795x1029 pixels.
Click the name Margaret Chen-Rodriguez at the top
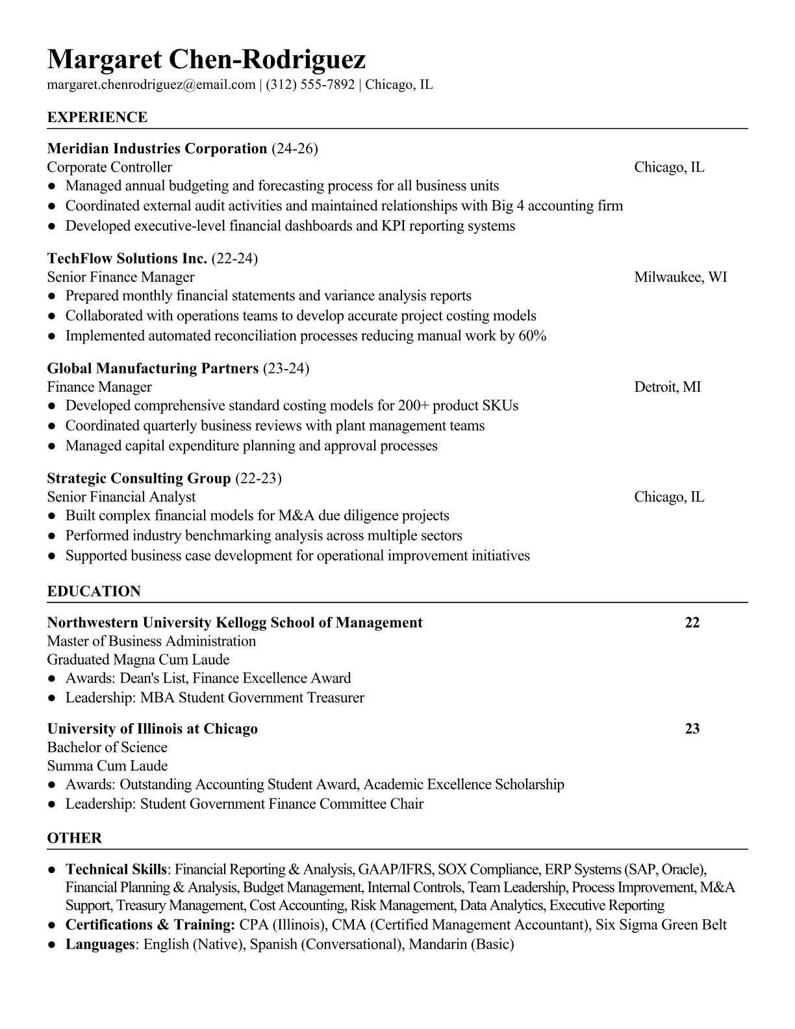click(x=206, y=60)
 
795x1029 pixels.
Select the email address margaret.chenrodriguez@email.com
click(x=151, y=84)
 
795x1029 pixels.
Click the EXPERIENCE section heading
click(x=97, y=118)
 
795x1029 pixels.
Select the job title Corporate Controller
click(x=109, y=168)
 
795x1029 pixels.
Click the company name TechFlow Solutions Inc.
click(x=127, y=259)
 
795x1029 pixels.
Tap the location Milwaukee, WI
click(x=680, y=277)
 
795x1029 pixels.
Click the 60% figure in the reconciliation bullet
click(x=532, y=336)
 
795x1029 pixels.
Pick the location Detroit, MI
click(x=667, y=387)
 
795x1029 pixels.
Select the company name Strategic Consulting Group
click(x=138, y=479)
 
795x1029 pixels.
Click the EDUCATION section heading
click(x=94, y=592)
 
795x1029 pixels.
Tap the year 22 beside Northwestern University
click(x=692, y=623)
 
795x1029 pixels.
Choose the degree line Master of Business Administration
click(x=151, y=641)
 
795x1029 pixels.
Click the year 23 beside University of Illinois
click(x=692, y=729)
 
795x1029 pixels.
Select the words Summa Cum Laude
click(x=107, y=766)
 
